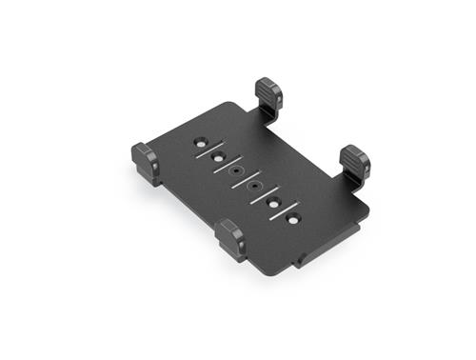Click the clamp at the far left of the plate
point(146,162)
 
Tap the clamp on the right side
point(355,164)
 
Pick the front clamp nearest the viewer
point(230,238)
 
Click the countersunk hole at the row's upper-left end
point(201,142)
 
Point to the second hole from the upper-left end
point(218,156)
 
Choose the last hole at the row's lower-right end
point(292,219)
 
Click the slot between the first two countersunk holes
point(209,150)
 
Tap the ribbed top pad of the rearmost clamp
point(270,90)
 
